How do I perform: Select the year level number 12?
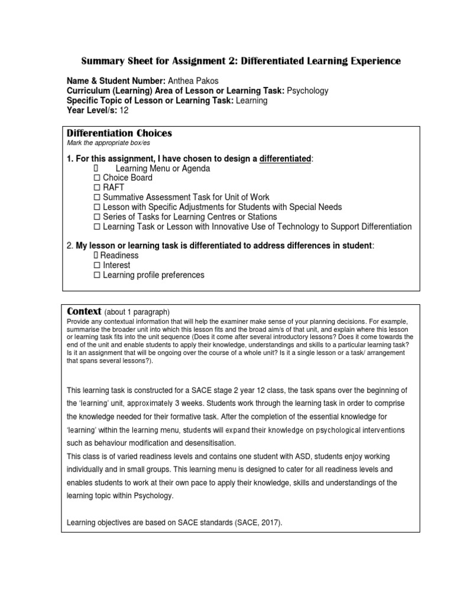pos(124,111)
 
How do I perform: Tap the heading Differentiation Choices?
pos(119,134)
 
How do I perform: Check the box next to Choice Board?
pos(97,178)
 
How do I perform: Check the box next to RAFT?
pos(97,188)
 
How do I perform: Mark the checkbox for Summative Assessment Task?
pos(97,198)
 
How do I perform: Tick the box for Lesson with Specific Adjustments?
pos(97,207)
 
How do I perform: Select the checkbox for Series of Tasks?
pos(97,217)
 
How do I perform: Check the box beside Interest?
pos(97,266)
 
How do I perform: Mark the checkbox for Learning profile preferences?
pos(97,275)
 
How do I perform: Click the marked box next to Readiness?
pos(96,256)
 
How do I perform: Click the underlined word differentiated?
pos(286,159)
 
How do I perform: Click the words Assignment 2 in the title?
pos(192,62)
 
